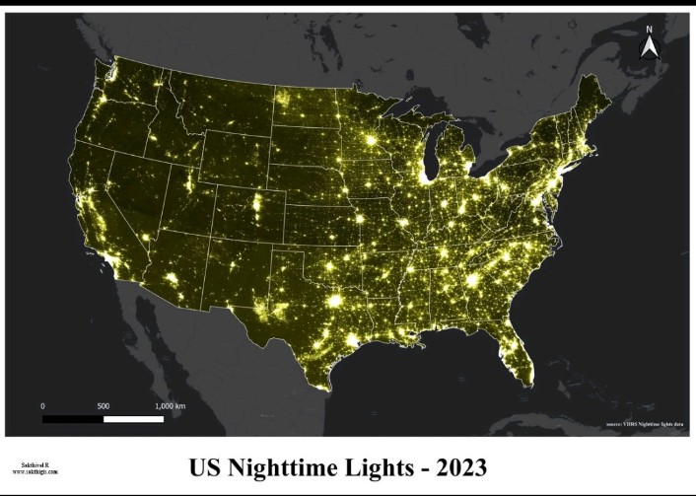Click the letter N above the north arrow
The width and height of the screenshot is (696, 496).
click(650, 30)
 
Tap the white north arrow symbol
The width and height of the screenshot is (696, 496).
click(650, 47)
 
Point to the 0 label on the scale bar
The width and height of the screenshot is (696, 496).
click(42, 406)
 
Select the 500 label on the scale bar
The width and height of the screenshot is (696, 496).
click(104, 406)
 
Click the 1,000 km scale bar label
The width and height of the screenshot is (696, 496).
click(171, 406)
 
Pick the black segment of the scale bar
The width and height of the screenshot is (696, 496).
click(73, 419)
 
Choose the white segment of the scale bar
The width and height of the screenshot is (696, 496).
click(134, 419)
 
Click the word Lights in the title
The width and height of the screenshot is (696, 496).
click(380, 465)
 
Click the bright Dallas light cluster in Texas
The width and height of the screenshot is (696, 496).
click(334, 300)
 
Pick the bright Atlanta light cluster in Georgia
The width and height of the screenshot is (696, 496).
click(472, 281)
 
